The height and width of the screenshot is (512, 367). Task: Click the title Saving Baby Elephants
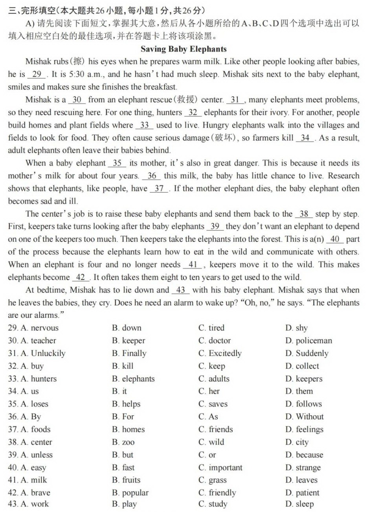183,49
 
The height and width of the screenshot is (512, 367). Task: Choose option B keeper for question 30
128,341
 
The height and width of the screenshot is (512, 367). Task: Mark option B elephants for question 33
133,379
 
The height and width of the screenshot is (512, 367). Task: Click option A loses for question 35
34,404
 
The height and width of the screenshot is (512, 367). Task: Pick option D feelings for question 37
305,429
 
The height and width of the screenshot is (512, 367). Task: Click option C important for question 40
220,468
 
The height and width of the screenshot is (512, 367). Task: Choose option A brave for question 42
35,493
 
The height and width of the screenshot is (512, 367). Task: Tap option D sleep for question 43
300,504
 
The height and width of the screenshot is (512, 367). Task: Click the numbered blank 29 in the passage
37,75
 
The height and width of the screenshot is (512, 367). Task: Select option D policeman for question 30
309,341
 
